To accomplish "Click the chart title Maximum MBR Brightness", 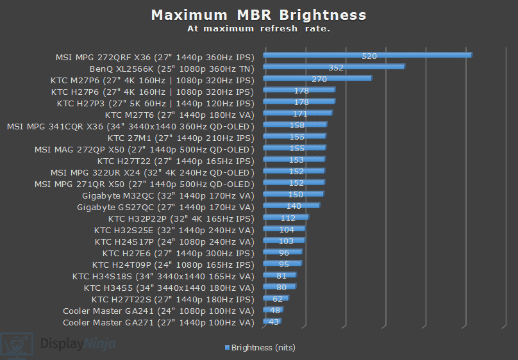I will point(258,15).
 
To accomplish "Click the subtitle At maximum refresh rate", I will point(258,28).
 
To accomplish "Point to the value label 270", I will point(319,79).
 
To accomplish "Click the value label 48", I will point(275,310).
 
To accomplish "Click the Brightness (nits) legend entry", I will point(260,347).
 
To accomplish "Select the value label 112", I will point(288,218).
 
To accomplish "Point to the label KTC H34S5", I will point(169,288).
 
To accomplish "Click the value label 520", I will point(369,56).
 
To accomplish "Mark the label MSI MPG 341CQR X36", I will point(131,126).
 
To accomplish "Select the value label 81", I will point(281,275).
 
